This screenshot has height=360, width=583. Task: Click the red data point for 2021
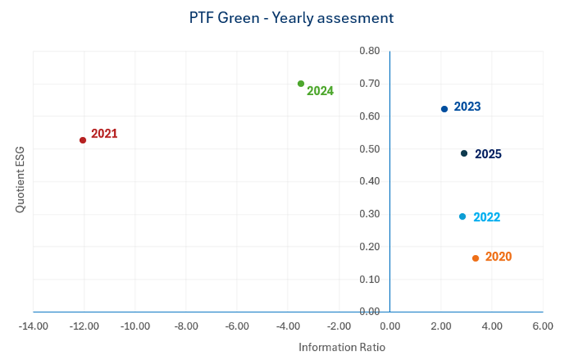[83, 140]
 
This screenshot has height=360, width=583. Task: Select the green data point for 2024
[301, 84]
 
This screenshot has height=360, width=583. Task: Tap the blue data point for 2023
[444, 109]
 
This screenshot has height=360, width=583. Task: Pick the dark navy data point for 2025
[464, 153]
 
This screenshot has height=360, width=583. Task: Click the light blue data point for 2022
[462, 216]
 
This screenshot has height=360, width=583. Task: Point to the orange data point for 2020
[475, 258]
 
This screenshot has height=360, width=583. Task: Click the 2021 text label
[104, 134]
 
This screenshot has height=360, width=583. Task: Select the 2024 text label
[320, 91]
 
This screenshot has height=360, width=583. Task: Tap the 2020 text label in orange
[499, 256]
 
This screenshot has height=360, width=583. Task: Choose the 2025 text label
[489, 154]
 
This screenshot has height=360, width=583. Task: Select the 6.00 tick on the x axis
[542, 325]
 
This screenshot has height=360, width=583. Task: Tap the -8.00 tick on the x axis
[186, 325]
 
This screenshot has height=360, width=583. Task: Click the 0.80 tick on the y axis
[369, 51]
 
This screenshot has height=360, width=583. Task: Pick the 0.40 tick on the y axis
[369, 181]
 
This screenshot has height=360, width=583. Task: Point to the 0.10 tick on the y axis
[369, 279]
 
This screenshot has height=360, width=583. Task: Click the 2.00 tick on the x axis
[440, 325]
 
